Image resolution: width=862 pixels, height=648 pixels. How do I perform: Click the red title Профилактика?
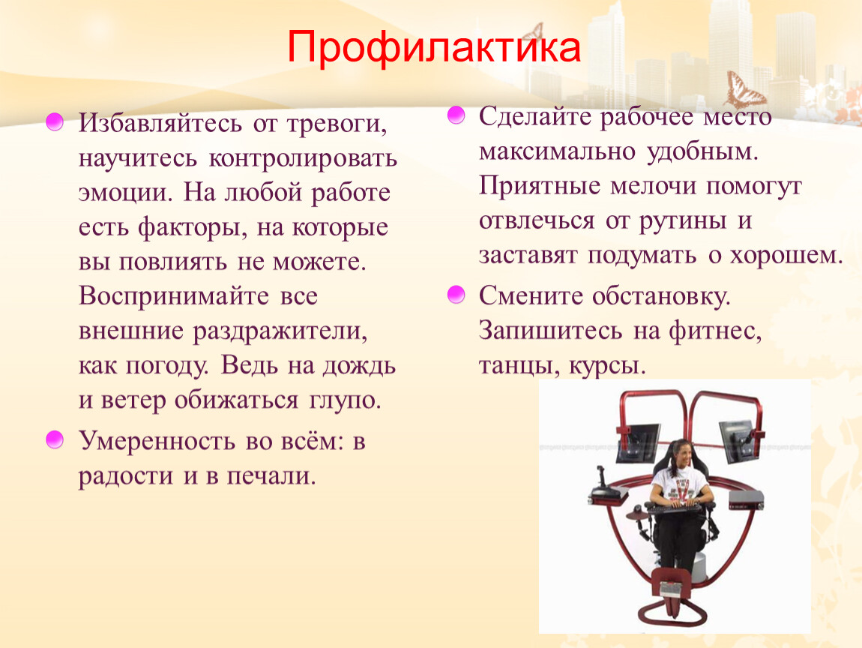[433, 47]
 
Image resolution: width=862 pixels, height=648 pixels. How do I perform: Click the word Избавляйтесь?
[160, 123]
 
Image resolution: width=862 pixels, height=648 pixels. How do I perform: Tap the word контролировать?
[303, 158]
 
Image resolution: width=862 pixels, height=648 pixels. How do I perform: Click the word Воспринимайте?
[174, 296]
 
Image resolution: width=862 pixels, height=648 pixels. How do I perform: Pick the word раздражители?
[280, 331]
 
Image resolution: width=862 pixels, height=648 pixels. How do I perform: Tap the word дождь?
[359, 365]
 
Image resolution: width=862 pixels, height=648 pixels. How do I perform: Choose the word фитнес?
[715, 331]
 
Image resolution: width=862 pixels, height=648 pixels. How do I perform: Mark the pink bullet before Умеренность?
[55, 440]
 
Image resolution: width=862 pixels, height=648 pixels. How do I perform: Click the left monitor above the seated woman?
[639, 442]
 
